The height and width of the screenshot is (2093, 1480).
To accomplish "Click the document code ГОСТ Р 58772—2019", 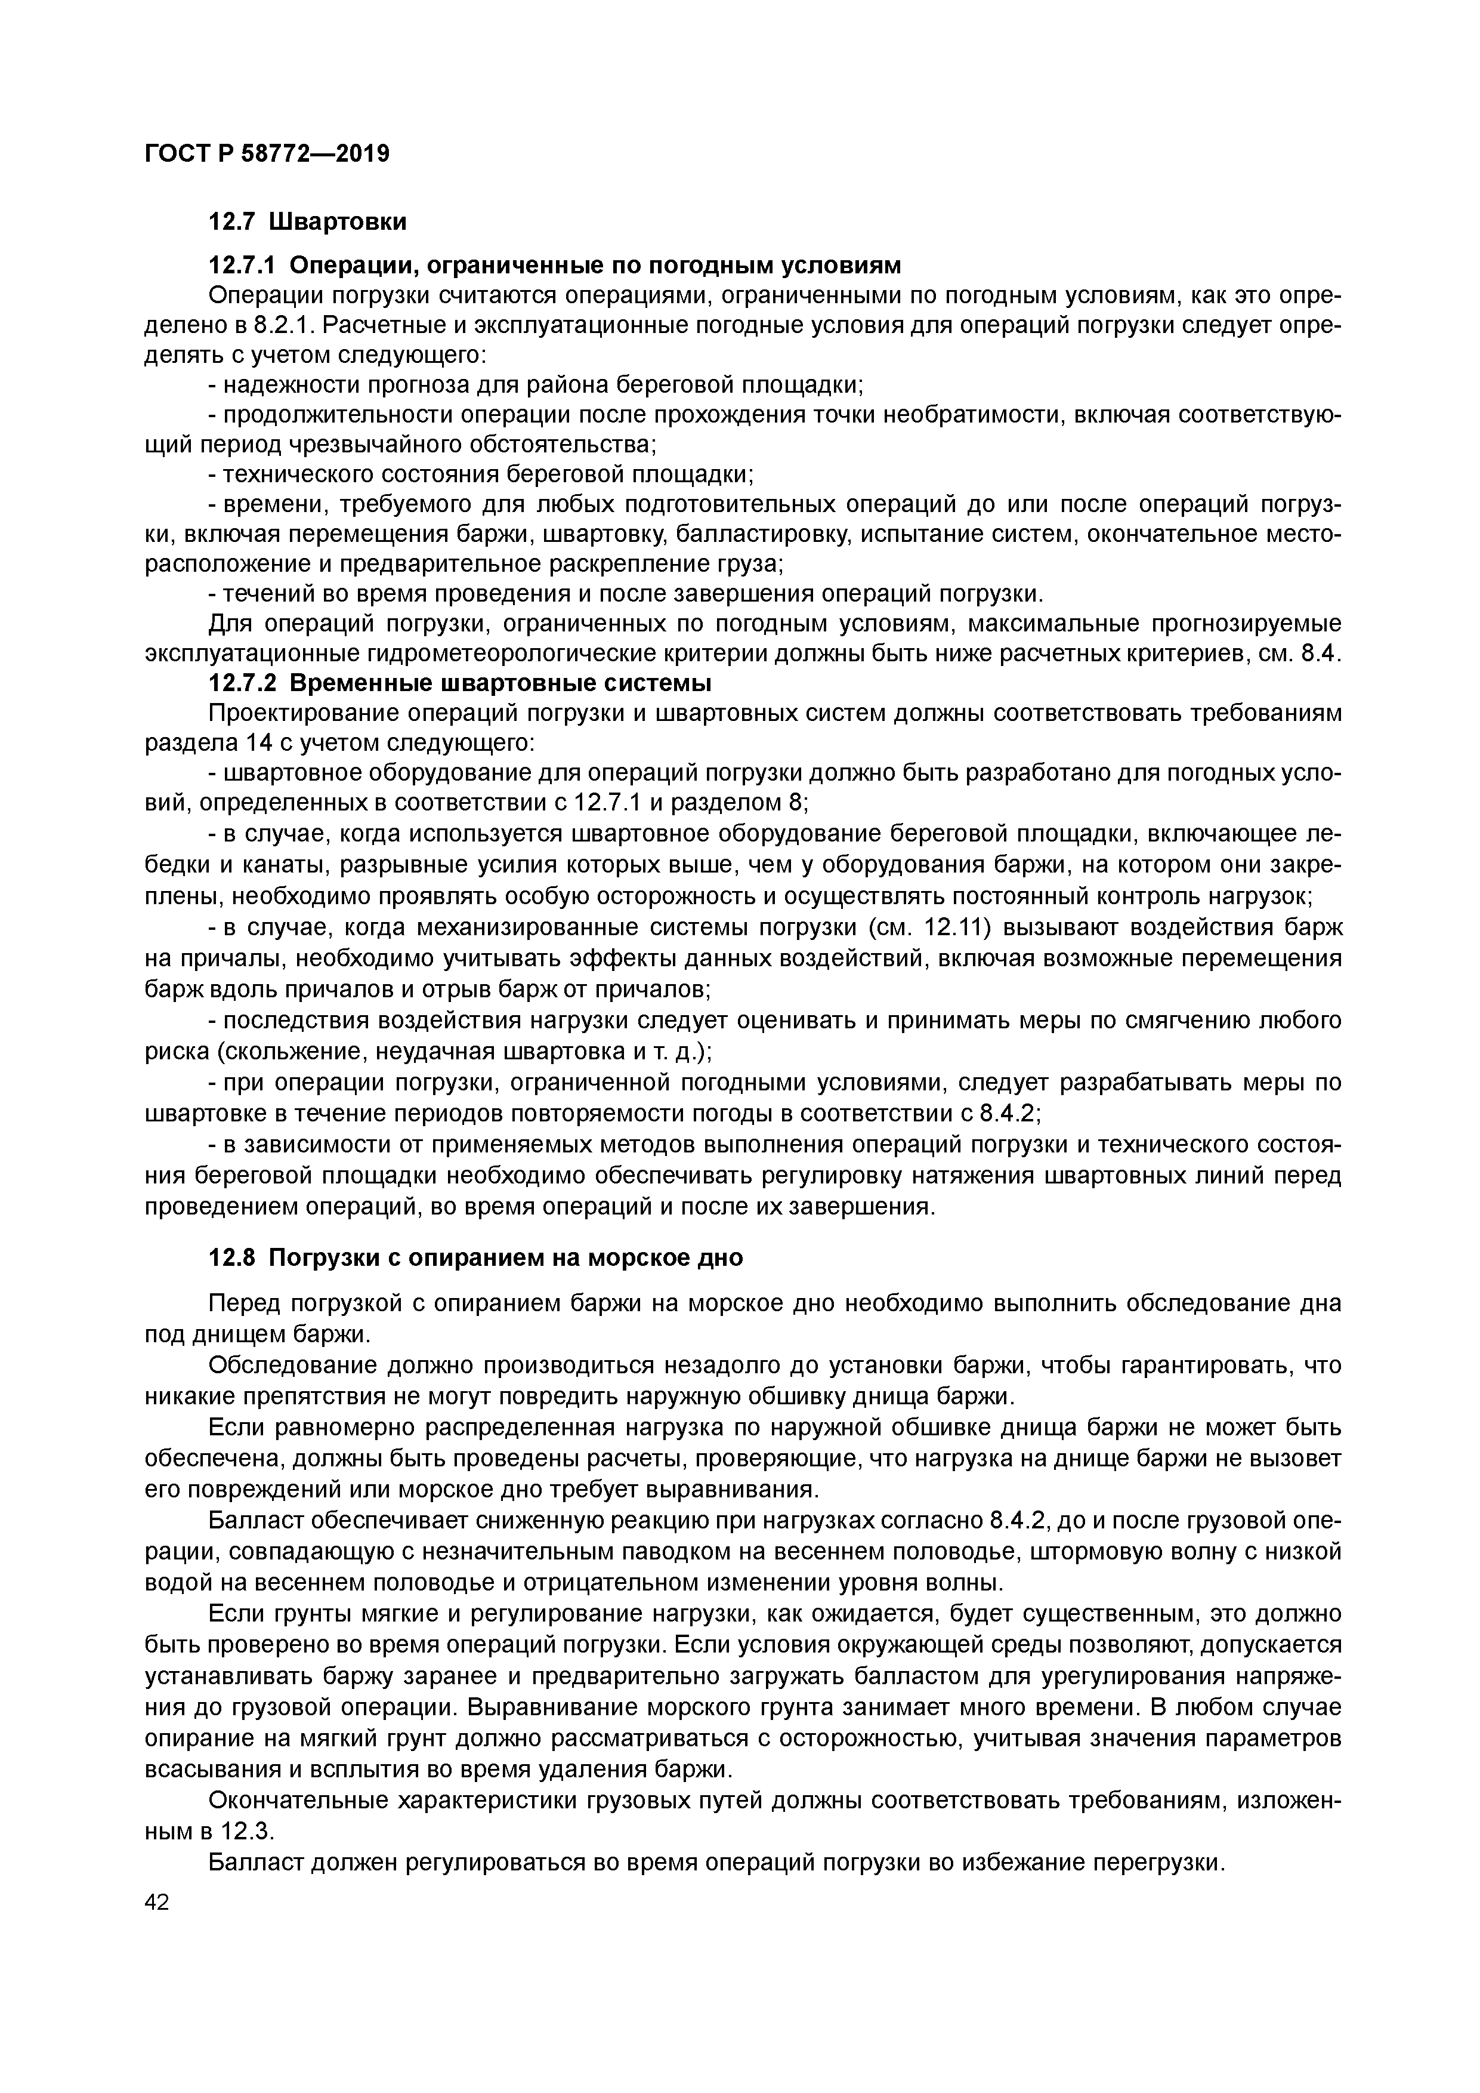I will tap(267, 153).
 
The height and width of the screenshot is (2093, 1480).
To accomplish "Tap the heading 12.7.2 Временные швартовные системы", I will tap(460, 683).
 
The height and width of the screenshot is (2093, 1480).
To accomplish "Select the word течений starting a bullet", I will tap(264, 594).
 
